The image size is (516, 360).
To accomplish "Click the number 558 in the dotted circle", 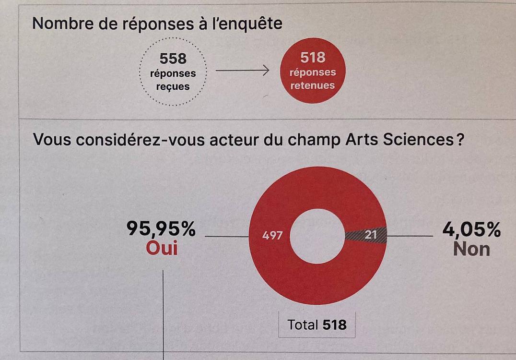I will click(x=173, y=59).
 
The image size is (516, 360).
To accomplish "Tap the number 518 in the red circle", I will click(x=313, y=58).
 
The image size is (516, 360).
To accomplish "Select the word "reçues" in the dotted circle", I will click(x=173, y=87).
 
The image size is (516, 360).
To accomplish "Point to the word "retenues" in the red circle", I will click(x=313, y=86).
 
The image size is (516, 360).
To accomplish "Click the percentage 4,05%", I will click(x=471, y=230).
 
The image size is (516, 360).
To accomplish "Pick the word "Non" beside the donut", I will click(x=472, y=249).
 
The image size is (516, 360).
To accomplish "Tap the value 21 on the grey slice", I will click(x=370, y=235).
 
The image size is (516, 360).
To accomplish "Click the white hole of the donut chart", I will click(x=317, y=236).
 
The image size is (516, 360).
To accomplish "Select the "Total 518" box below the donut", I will click(x=317, y=325).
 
